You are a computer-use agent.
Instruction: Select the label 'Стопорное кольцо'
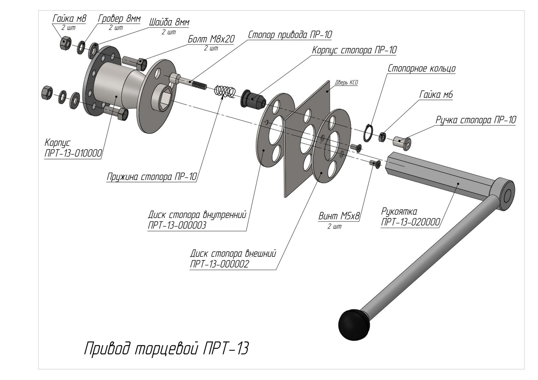pos(421,68)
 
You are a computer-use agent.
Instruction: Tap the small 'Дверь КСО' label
pos(346,83)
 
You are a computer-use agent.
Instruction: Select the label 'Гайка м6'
pos(436,95)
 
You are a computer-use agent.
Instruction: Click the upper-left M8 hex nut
pos(65,43)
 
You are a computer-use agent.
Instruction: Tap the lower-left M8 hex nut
pos(46,92)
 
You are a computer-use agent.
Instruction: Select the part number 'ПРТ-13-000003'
pos(177,225)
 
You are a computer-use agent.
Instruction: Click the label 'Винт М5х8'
pos(339,216)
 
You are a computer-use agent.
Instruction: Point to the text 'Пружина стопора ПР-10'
pos(152,177)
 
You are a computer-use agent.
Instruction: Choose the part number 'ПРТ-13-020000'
pos(410,222)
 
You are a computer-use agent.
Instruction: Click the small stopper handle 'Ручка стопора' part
pos(402,141)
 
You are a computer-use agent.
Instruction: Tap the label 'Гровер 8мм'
pos(119,19)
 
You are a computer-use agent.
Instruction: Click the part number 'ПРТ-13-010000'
pos(73,154)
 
